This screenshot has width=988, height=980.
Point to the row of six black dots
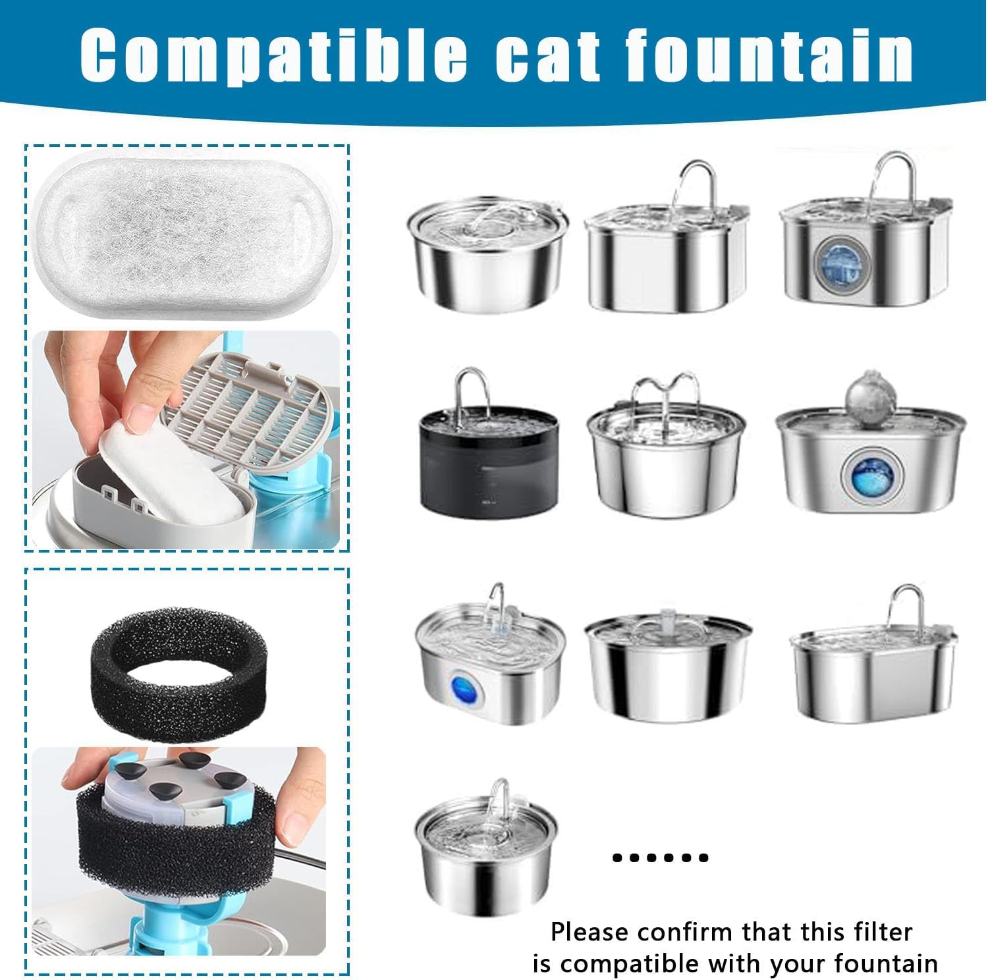tap(660, 857)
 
